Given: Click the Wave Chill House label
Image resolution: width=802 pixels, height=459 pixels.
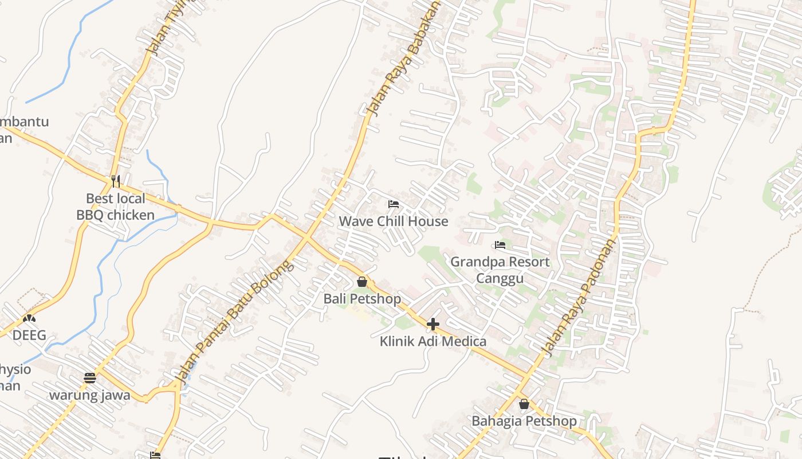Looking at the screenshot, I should click(x=394, y=221).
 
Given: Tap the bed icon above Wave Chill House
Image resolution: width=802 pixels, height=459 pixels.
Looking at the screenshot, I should click(x=393, y=204).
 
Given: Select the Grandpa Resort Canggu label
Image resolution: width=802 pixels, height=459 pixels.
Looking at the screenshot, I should click(x=500, y=270).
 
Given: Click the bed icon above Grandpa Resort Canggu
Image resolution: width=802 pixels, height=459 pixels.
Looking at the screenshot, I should click(x=500, y=245).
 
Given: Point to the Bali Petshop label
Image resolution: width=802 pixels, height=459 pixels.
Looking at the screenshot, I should click(x=362, y=299).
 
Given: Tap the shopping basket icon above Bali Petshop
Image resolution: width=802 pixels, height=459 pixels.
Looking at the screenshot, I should click(x=362, y=282).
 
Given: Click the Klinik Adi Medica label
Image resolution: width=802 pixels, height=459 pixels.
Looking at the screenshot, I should click(x=433, y=341).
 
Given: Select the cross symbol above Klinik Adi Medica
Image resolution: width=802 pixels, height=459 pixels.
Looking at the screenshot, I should click(x=433, y=324).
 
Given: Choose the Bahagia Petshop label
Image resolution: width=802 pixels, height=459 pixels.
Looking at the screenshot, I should click(x=524, y=421).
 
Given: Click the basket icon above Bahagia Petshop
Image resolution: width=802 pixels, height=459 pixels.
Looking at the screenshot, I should click(x=524, y=404).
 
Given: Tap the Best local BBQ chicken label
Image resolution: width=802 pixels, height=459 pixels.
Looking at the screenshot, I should click(x=116, y=207).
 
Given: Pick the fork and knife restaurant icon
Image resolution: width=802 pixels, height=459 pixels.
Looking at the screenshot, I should click(x=116, y=181).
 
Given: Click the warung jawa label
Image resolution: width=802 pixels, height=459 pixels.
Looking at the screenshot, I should click(x=89, y=395).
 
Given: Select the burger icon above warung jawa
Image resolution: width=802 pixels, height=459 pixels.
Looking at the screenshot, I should click(x=89, y=378).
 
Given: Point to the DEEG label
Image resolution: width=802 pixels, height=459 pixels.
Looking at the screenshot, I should click(x=29, y=335).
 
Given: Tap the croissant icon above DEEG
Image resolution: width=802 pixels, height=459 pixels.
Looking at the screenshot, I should click(x=29, y=318).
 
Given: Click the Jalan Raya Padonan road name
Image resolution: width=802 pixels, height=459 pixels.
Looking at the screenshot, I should click(x=580, y=297).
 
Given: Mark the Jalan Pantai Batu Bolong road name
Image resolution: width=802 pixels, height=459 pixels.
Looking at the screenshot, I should click(x=234, y=321).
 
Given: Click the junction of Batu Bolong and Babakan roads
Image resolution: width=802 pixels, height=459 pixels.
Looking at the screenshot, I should click(x=308, y=238).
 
